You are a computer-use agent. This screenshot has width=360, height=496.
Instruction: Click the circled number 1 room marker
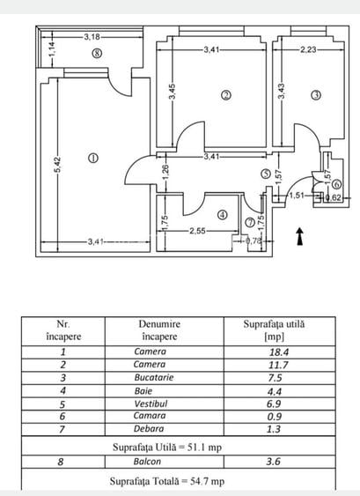[x=93, y=158]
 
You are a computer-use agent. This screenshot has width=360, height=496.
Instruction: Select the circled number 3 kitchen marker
[x=315, y=96]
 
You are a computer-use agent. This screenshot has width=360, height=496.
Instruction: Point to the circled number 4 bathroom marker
[x=222, y=214]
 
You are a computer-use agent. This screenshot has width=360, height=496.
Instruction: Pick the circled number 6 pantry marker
[x=337, y=184]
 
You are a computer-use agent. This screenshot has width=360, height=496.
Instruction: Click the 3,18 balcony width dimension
[x=92, y=37]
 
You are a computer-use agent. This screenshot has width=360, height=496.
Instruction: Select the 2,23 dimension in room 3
[x=308, y=50]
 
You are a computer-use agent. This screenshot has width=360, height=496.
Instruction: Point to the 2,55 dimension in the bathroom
[x=201, y=231]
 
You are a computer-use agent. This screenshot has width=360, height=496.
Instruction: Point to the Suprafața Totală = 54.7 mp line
[x=167, y=481]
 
